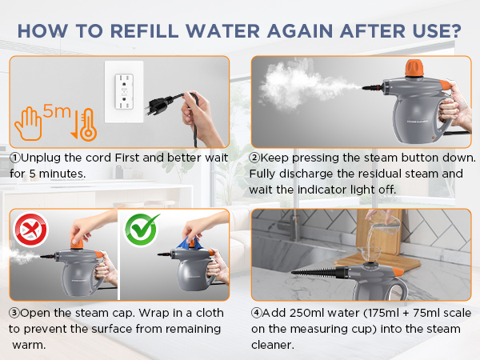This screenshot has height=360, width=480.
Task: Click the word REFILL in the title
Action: (x=144, y=31)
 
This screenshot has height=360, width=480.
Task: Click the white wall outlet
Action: (x=124, y=91)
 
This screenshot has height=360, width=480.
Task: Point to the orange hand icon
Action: (x=28, y=124)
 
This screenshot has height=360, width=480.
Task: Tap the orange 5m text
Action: (x=57, y=111)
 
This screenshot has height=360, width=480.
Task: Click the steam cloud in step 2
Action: (x=303, y=85)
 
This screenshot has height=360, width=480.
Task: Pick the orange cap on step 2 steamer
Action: (x=414, y=68)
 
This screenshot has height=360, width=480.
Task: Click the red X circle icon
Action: (x=30, y=230)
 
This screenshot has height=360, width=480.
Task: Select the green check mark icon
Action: (x=142, y=230)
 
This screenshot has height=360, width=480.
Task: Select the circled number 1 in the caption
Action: (x=14, y=158)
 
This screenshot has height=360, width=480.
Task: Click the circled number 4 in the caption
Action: (x=257, y=313)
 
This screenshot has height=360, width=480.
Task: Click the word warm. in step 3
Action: (x=29, y=346)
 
